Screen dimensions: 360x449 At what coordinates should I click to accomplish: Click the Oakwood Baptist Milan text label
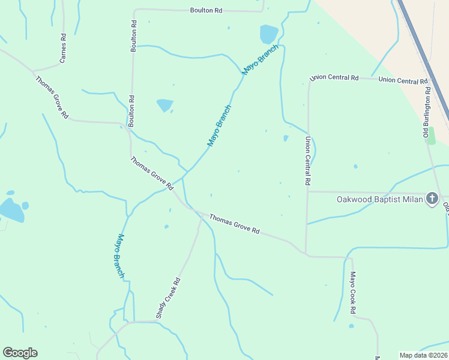point(379,199)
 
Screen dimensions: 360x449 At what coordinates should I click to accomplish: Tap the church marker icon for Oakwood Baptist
point(432,199)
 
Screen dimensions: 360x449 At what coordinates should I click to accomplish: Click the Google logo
point(20,353)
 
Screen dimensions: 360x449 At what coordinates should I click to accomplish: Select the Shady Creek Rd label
point(168,298)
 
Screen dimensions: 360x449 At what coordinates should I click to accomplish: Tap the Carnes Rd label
point(62,49)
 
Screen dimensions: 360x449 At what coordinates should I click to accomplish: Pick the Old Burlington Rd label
point(427,112)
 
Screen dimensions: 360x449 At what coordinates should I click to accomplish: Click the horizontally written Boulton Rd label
point(206,10)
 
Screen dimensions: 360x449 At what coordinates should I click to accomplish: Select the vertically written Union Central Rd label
point(307,160)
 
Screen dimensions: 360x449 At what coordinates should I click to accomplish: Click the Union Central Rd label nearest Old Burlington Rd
point(403,80)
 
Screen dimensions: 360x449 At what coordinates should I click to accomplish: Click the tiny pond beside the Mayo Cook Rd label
point(351,326)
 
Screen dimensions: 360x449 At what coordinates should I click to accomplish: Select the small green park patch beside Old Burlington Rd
point(430,135)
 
